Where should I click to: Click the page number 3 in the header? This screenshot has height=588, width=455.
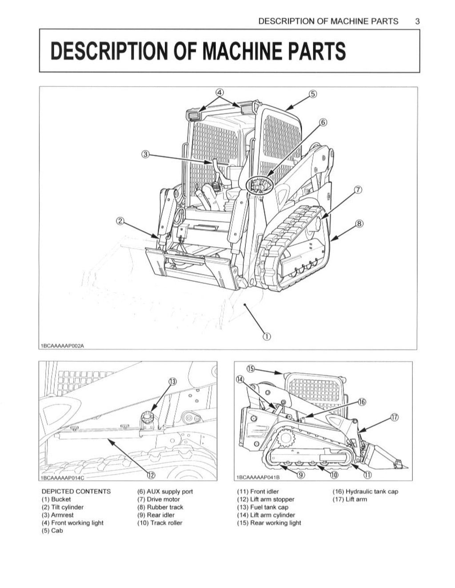pyautogui.click(x=417, y=21)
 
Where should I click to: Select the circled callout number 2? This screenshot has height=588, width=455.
pyautogui.click(x=120, y=220)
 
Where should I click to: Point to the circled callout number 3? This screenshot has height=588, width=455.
pyautogui.click(x=144, y=154)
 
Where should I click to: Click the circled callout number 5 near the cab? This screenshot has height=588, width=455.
pyautogui.click(x=313, y=94)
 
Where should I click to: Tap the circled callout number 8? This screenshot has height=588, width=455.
pyautogui.click(x=359, y=224)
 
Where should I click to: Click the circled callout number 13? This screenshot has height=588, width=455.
pyautogui.click(x=172, y=382)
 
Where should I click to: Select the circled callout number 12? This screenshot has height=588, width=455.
pyautogui.click(x=151, y=475)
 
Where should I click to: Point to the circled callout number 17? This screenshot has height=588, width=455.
pyautogui.click(x=394, y=417)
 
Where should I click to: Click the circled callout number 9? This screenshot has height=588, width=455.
pyautogui.click(x=301, y=475)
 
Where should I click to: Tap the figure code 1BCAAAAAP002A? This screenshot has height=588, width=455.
pyautogui.click(x=62, y=345)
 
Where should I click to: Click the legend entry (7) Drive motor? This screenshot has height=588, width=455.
pyautogui.click(x=159, y=499)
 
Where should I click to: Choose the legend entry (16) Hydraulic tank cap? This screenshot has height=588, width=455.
pyautogui.click(x=365, y=491)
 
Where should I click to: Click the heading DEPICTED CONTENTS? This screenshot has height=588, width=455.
pyautogui.click(x=76, y=491)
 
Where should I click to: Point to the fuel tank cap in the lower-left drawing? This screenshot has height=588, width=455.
pyautogui.click(x=147, y=418)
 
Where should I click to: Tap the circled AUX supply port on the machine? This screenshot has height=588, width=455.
pyautogui.click(x=257, y=184)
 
